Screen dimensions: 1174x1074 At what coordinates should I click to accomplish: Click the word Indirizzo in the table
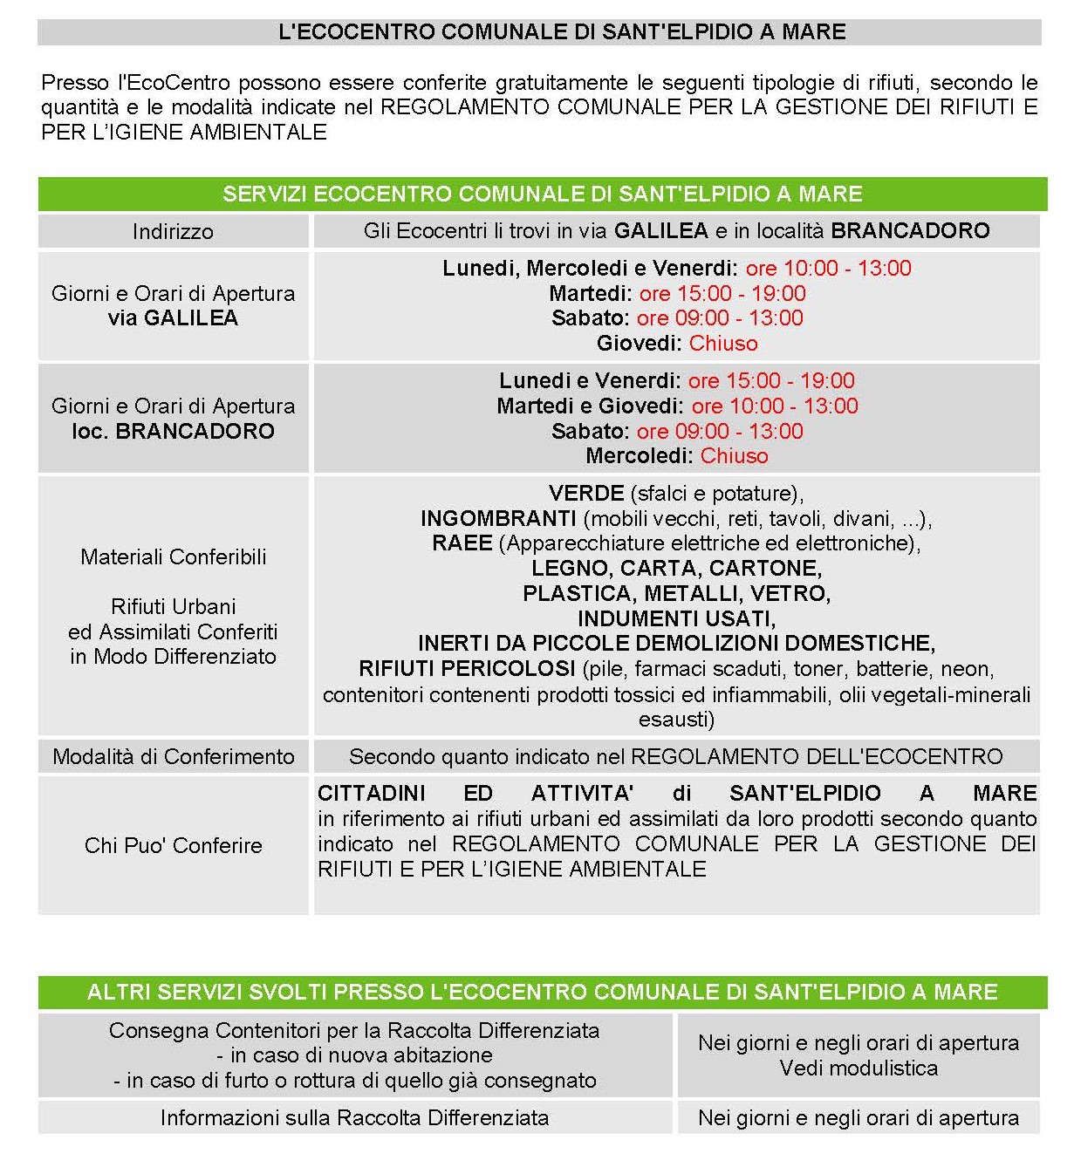click(x=173, y=232)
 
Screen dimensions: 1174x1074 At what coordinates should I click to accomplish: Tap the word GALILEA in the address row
click(x=660, y=231)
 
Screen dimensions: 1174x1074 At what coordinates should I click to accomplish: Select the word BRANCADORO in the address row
click(x=910, y=231)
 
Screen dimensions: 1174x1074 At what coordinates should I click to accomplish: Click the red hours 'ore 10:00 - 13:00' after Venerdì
click(x=828, y=269)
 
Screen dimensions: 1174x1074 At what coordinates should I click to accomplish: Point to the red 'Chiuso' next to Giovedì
click(x=723, y=344)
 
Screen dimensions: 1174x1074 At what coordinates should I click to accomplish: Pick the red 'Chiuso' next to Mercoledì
click(x=735, y=456)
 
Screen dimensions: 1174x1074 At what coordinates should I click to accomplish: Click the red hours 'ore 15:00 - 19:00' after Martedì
click(x=722, y=294)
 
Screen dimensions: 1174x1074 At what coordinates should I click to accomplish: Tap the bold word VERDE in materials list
click(x=586, y=494)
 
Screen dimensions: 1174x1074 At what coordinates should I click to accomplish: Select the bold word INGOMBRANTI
click(x=498, y=519)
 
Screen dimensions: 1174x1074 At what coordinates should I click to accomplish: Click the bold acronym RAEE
click(x=462, y=543)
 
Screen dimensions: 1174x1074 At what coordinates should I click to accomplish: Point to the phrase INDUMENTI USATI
click(x=676, y=619)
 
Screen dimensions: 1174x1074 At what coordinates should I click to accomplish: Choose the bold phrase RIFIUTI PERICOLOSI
click(x=467, y=669)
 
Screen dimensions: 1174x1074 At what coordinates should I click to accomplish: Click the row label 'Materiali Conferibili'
click(x=174, y=557)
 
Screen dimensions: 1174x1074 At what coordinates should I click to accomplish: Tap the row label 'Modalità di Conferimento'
click(x=174, y=757)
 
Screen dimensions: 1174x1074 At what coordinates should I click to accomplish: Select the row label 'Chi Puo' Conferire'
click(x=174, y=846)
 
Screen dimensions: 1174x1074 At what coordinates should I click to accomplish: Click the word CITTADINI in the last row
click(x=372, y=794)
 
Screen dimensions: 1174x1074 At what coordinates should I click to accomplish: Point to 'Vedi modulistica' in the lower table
click(x=859, y=1068)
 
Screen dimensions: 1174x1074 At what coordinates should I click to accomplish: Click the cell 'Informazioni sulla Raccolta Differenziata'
click(x=354, y=1118)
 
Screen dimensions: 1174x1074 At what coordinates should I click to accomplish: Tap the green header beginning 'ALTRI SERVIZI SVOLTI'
click(x=542, y=993)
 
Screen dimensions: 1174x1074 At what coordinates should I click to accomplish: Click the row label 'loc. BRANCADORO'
click(x=174, y=432)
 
